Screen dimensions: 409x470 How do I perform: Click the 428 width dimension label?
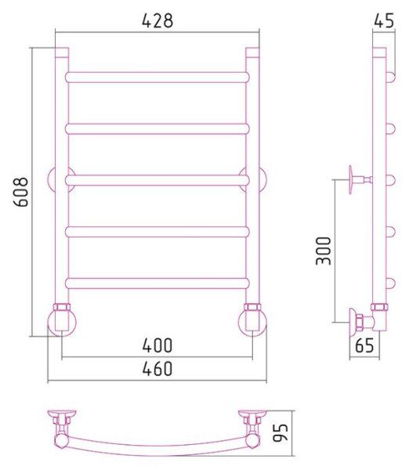click(x=157, y=21)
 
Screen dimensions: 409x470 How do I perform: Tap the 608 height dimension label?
click(x=21, y=192)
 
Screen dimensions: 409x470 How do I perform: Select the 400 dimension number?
click(x=157, y=345)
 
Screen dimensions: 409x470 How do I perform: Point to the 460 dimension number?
click(x=157, y=369)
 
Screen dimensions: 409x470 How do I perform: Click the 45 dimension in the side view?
click(x=384, y=20)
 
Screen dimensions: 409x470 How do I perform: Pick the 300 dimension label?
click(x=324, y=251)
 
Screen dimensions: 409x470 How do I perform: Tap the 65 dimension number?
click(x=364, y=345)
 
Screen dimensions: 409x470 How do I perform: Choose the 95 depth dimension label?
click(x=281, y=432)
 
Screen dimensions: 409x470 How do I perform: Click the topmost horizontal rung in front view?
click(x=157, y=78)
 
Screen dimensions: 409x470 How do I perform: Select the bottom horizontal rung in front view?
click(x=157, y=284)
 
